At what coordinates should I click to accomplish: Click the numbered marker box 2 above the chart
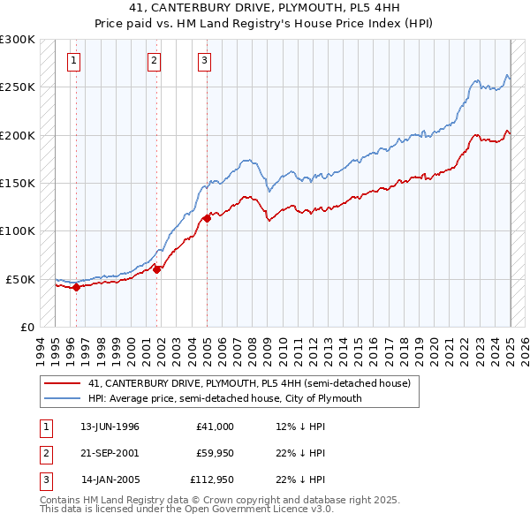click(x=154, y=61)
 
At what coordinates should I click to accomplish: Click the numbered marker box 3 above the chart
click(x=204, y=61)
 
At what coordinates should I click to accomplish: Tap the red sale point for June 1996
click(x=76, y=286)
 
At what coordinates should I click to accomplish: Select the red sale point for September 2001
click(x=157, y=269)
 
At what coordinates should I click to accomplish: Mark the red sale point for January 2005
click(x=207, y=218)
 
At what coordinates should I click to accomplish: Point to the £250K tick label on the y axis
click(x=18, y=87)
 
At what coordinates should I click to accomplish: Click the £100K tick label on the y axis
click(x=18, y=230)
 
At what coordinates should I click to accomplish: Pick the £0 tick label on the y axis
click(x=26, y=327)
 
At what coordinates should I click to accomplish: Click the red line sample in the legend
click(x=62, y=384)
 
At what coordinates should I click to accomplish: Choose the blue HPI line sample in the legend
click(x=62, y=398)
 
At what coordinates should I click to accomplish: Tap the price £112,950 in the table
click(x=210, y=481)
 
